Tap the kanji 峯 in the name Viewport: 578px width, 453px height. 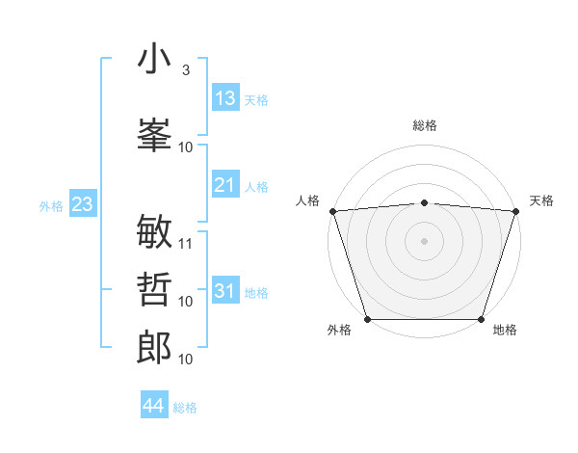(155, 134)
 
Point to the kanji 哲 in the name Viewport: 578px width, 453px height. (155, 290)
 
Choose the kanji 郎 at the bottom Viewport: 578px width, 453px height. (155, 348)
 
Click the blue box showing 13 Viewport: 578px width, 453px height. (225, 98)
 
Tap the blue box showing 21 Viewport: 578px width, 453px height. (225, 185)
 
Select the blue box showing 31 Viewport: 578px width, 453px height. (225, 291)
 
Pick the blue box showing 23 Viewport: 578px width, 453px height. (82, 203)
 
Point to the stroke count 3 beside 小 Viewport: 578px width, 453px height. (185, 70)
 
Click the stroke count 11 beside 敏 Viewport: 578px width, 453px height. (186, 244)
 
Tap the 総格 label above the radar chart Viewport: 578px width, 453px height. (424, 125)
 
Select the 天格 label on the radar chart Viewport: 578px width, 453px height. (541, 200)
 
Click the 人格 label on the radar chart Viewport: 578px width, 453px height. (307, 200)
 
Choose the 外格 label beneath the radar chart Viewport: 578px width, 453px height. (339, 331)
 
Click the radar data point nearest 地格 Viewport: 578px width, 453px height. (481, 319)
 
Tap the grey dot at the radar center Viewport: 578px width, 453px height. (424, 240)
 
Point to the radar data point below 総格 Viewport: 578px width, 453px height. (424, 202)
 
